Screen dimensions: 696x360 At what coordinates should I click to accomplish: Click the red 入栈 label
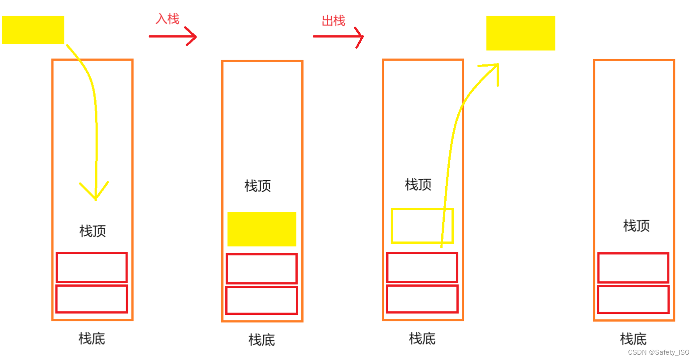tap(167, 19)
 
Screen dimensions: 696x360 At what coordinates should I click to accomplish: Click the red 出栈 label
tap(333, 21)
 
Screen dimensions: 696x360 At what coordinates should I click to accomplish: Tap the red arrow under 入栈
tap(173, 36)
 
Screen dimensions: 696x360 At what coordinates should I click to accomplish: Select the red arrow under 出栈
tap(338, 37)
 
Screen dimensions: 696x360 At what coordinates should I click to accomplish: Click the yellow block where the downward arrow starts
tap(33, 30)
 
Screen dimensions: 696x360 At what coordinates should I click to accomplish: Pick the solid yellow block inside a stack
tap(262, 229)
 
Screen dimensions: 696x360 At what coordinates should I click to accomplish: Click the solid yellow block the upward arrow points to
tap(520, 33)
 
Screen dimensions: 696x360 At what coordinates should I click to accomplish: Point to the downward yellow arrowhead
tap(95, 192)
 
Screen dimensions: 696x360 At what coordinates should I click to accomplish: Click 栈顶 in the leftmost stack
tap(93, 231)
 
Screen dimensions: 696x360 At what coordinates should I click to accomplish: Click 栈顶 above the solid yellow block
tap(257, 186)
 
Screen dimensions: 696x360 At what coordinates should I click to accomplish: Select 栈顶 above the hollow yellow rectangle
tap(418, 184)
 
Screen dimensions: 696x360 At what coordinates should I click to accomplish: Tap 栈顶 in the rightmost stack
tap(636, 225)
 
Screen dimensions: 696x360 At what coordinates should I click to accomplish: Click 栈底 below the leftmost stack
tap(92, 339)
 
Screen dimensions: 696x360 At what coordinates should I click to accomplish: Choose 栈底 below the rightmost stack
tap(633, 339)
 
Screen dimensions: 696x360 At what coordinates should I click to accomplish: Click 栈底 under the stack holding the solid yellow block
tap(262, 340)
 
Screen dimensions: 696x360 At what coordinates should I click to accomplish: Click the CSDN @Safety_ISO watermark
tap(658, 352)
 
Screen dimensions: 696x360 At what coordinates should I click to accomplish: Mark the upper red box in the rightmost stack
tap(633, 267)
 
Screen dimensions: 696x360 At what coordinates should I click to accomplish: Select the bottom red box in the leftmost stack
tap(92, 299)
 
